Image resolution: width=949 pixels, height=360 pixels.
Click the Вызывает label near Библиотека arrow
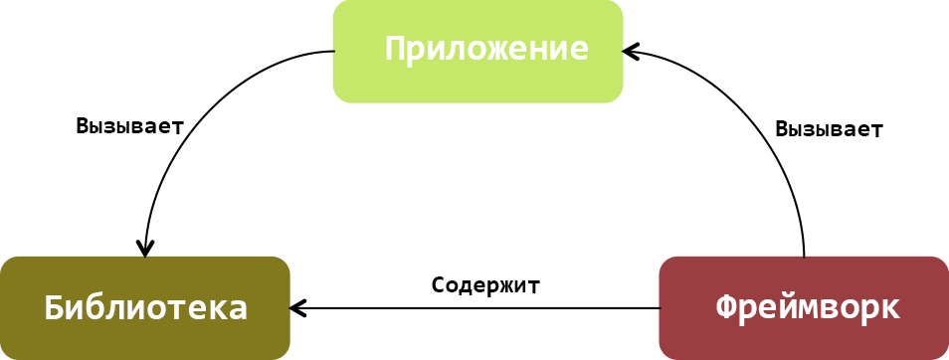pos(129,126)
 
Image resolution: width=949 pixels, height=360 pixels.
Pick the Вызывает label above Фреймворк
pos(829,129)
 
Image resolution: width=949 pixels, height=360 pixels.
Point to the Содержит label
pos(485,284)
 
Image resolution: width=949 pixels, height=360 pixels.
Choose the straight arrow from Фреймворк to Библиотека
pos(477,308)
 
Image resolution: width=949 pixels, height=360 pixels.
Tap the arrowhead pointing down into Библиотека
pos(146,249)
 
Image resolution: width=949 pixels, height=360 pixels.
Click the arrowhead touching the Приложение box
pos(631,50)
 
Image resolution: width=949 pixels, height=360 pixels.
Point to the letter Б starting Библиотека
pos(56,307)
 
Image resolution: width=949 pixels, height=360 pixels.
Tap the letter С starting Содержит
pos(439,284)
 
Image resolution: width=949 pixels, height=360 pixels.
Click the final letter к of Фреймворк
pos(890,308)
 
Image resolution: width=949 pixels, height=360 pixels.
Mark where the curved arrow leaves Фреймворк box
pos(804,257)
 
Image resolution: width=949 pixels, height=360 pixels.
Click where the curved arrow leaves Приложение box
pos(333,52)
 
